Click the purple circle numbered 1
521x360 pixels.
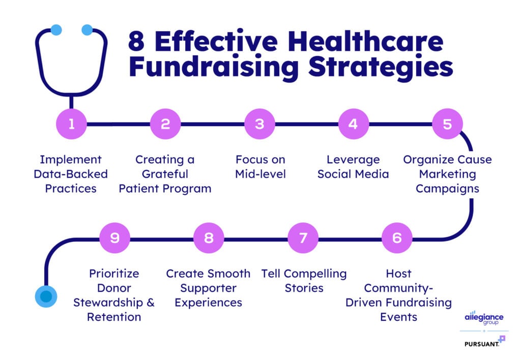71,124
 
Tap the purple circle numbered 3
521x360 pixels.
259,124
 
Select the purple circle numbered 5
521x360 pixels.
447,124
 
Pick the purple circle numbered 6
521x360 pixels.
397,238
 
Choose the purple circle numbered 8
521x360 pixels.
209,238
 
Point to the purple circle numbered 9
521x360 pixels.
114,238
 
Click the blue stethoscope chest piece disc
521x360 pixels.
46,296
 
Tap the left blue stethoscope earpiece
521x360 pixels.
56,30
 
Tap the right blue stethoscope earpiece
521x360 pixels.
87,30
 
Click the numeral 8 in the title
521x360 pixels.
136,42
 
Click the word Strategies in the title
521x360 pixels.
381,68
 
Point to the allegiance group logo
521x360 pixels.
484,318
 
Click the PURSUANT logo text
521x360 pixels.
482,344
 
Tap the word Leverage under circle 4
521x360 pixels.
353,160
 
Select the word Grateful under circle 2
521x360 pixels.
165,174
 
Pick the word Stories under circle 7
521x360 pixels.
304,288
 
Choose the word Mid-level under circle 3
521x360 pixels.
260,174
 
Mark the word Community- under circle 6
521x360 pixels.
398,288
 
